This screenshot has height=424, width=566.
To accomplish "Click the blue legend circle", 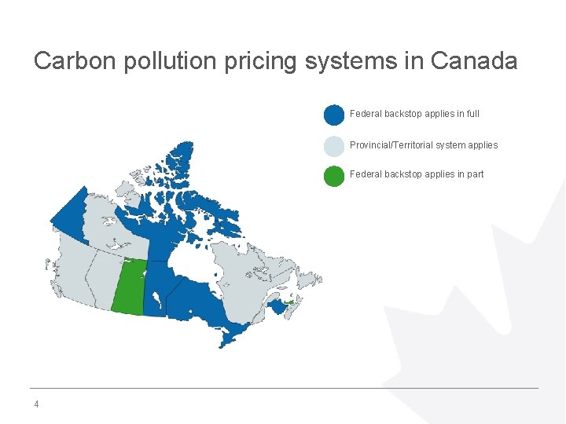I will [334, 115].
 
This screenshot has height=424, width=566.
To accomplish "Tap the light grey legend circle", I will [334, 145].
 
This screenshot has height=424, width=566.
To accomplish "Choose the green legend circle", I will [334, 175].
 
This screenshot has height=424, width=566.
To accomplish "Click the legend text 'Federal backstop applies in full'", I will [414, 114].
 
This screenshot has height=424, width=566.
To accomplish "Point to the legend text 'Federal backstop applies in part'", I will [417, 174].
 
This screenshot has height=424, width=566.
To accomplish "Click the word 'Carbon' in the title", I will [75, 61].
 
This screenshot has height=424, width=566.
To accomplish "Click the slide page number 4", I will [36, 405].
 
